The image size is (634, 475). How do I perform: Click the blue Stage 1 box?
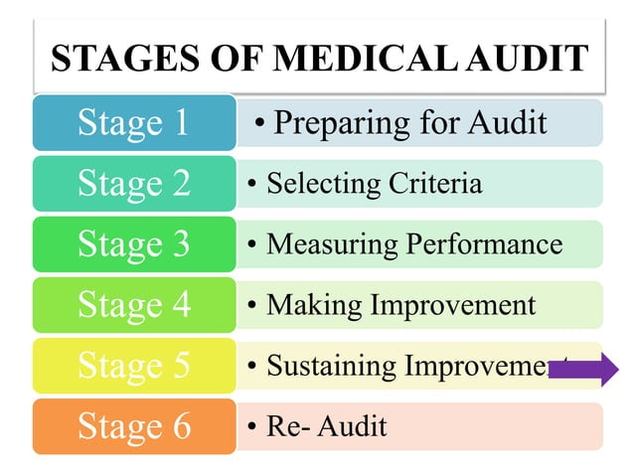click(x=134, y=123)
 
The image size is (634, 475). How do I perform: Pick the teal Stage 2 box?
click(x=134, y=184)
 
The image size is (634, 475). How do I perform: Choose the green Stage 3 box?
click(x=134, y=244)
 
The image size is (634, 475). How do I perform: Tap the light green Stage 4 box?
click(x=134, y=305)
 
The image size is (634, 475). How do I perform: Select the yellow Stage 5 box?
click(x=134, y=366)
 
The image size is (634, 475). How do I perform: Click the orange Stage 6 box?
click(x=134, y=426)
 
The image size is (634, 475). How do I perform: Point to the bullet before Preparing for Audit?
click(x=260, y=124)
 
